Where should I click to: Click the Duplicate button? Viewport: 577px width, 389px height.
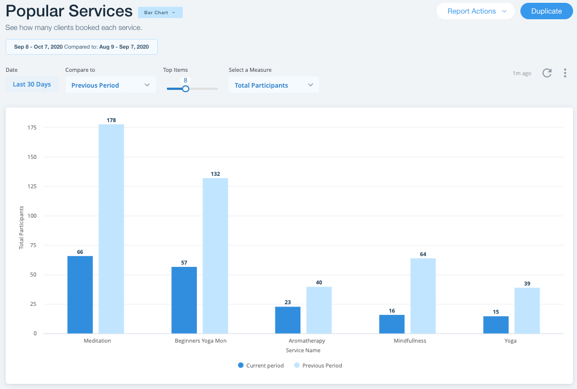[x=546, y=11]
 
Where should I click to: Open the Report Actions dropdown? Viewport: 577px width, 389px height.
[x=475, y=11]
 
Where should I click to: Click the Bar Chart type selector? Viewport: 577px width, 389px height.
[x=160, y=12]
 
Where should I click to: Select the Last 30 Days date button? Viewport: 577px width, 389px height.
[x=32, y=84]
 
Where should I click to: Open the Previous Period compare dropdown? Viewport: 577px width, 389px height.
[x=110, y=85]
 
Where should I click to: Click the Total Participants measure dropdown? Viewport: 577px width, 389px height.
[x=273, y=85]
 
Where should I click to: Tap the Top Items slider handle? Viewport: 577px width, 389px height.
[x=186, y=88]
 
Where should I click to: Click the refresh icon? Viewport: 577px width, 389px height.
[x=547, y=73]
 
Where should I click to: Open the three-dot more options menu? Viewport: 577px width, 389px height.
[x=565, y=73]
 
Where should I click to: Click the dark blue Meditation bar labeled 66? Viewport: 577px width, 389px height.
[x=80, y=295]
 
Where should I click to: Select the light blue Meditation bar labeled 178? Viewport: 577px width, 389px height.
[x=111, y=229]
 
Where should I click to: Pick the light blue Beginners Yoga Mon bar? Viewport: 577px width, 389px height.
[x=215, y=256]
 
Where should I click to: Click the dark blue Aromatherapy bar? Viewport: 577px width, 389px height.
[x=287, y=320]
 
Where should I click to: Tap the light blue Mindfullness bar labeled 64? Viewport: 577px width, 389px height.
[x=423, y=296]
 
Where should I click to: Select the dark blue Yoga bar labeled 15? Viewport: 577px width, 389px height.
[x=496, y=325]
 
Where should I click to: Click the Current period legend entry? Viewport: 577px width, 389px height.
[x=261, y=366]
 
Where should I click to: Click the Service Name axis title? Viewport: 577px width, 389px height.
[x=303, y=351]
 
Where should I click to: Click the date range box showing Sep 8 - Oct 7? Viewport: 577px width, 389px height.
[x=81, y=47]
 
